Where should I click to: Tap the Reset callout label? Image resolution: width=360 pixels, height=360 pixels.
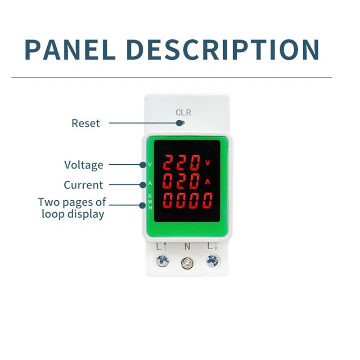point(85,123)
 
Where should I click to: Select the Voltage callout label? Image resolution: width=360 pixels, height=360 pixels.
point(83,165)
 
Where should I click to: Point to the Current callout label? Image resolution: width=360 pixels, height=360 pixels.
point(83,185)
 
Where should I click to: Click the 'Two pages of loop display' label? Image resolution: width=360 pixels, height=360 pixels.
point(72,207)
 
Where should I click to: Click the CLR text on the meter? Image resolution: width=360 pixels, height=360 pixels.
point(183,112)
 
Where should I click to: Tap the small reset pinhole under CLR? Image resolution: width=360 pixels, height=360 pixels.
point(180,122)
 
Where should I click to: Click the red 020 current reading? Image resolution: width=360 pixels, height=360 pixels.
point(181,182)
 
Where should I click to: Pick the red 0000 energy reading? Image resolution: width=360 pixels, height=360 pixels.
point(188,201)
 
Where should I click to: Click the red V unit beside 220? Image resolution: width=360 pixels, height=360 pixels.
point(207,162)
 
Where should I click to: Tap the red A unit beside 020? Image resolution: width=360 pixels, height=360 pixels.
point(207,181)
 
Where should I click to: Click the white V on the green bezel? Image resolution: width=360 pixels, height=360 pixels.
point(150,164)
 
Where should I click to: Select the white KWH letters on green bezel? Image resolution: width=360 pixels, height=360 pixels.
point(150,202)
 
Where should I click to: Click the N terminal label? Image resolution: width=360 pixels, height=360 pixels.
point(187,247)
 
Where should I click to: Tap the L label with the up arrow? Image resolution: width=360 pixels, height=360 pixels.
point(162,247)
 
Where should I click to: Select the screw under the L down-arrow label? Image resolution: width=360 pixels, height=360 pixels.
point(212,260)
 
